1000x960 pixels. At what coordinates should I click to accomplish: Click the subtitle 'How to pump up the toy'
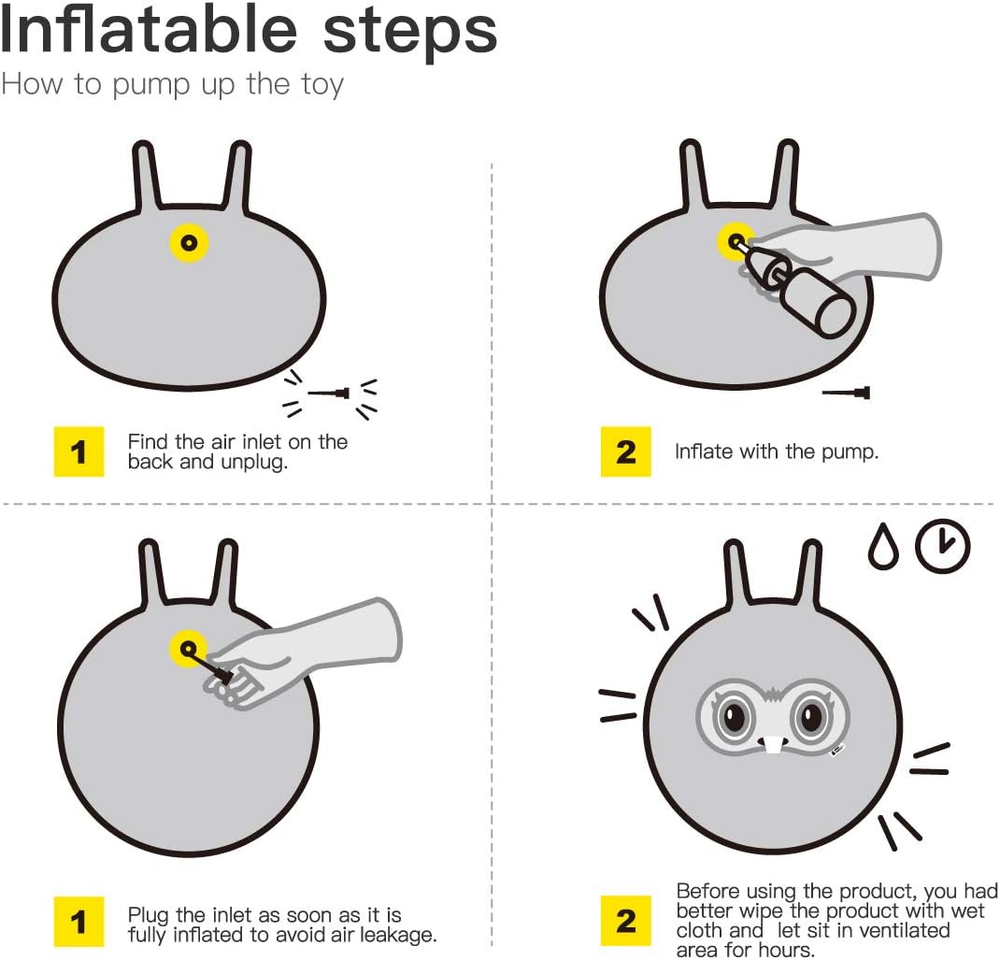(172, 84)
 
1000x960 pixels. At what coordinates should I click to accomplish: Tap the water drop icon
(882, 549)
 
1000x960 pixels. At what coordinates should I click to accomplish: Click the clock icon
(942, 545)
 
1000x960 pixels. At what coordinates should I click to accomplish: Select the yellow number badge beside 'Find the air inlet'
(79, 451)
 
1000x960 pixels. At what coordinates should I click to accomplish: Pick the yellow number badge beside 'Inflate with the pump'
(626, 451)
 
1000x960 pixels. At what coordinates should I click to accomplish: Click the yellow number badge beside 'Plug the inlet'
(79, 922)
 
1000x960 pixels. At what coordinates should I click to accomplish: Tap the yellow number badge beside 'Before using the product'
(626, 922)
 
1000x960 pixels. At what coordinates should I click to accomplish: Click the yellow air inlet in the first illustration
(189, 243)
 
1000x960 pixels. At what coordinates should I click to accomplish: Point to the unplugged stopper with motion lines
(331, 394)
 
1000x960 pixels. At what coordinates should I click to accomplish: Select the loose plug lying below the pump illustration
(848, 393)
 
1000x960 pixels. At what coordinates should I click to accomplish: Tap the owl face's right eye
(807, 718)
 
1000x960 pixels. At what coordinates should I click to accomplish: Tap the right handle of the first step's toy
(239, 174)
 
